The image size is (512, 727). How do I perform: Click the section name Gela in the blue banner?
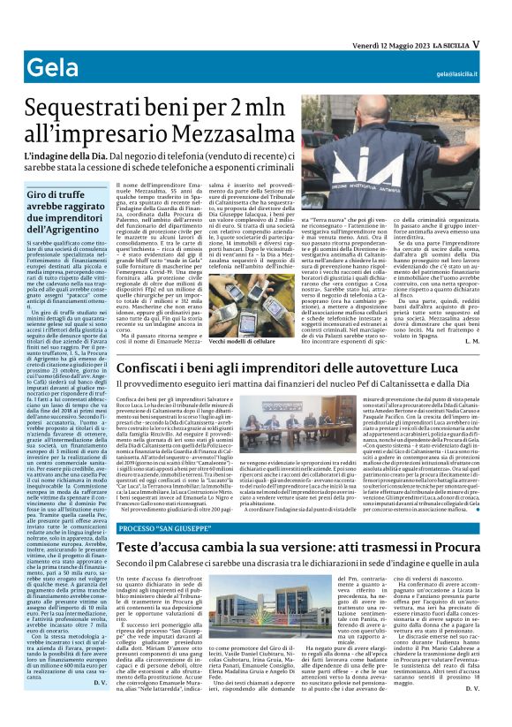coord(49,68)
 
